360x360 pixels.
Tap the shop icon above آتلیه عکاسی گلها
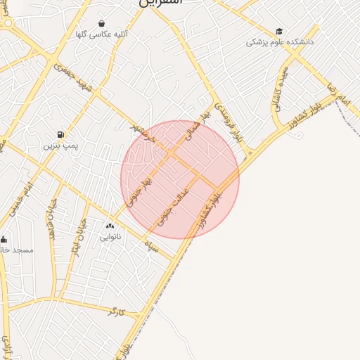click(x=102, y=23)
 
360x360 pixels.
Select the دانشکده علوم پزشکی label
click(x=280, y=42)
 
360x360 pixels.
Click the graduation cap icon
click(x=279, y=32)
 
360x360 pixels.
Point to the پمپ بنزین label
click(x=59, y=146)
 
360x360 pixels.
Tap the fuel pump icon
click(x=60, y=134)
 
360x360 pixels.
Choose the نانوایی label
click(x=110, y=237)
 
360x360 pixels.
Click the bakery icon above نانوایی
click(x=110, y=226)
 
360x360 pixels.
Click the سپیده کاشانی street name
click(x=278, y=88)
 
